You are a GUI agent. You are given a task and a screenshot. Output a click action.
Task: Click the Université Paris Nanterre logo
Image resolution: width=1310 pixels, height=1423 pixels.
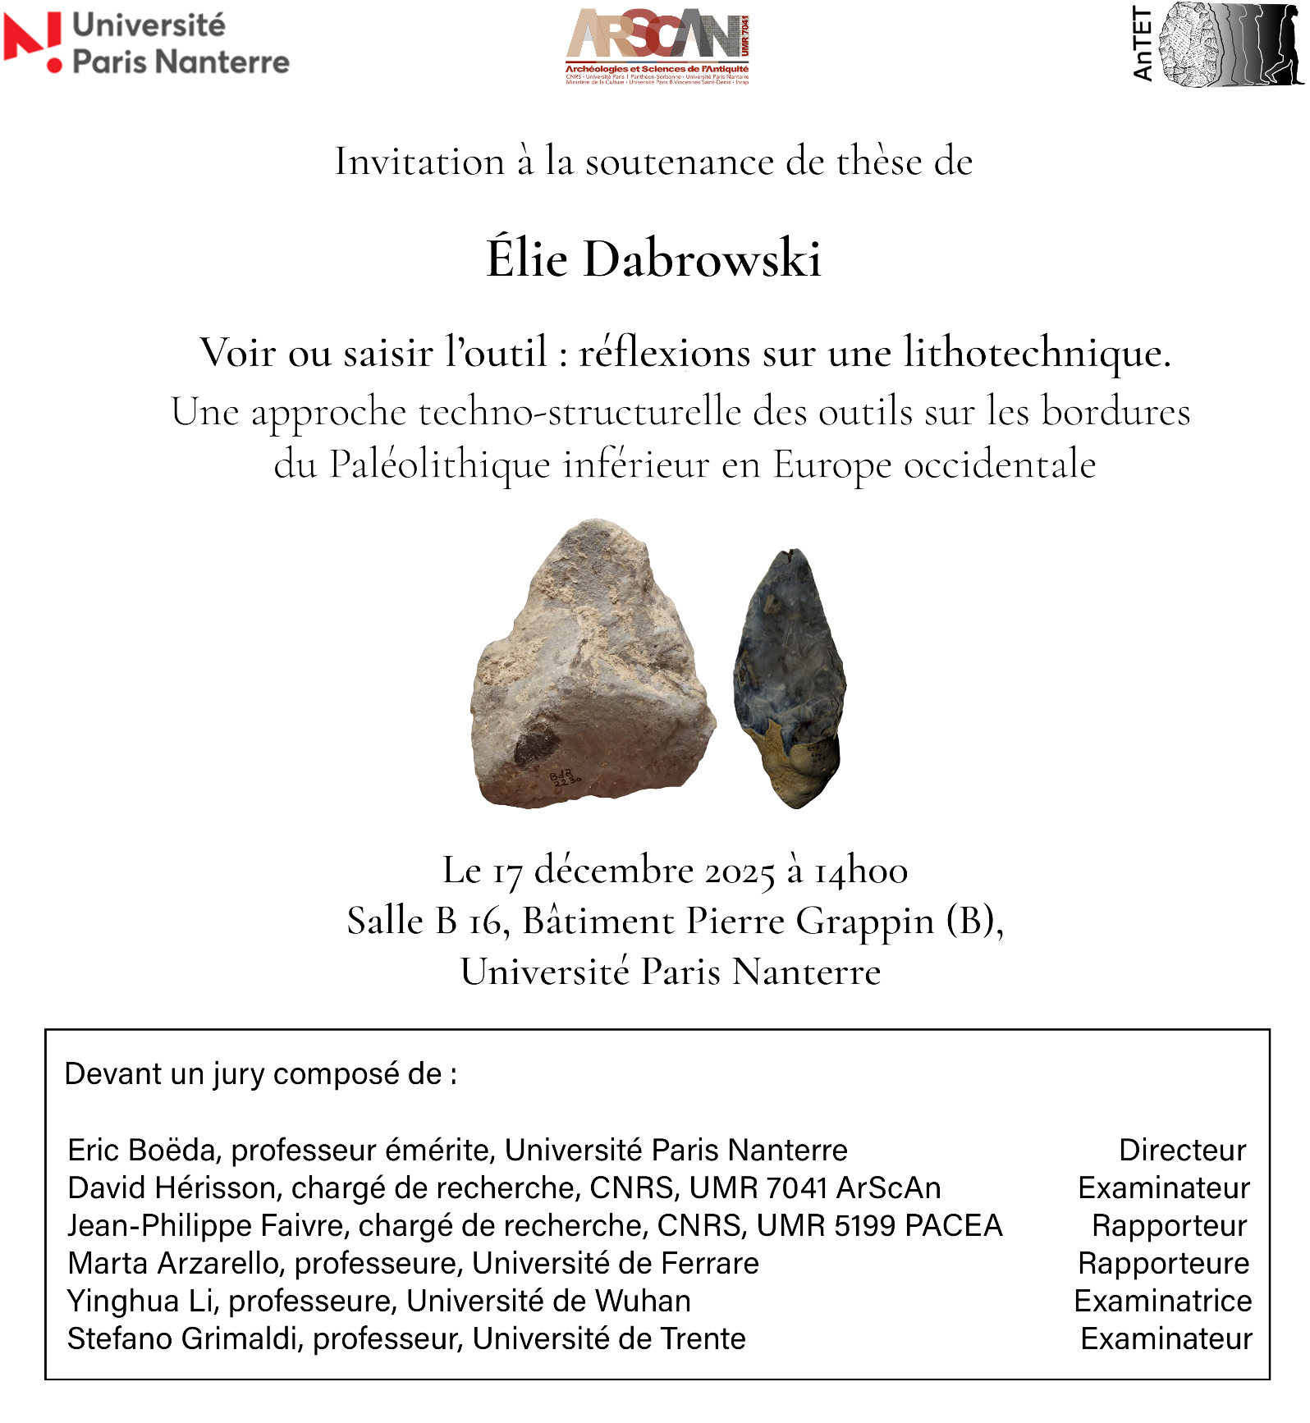[146, 43]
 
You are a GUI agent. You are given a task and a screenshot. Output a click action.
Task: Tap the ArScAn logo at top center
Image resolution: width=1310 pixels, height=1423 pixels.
[657, 46]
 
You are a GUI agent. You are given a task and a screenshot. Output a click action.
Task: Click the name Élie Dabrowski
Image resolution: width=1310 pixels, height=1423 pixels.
[653, 259]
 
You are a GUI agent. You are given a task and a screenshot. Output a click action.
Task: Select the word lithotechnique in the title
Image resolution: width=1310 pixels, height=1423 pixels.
[1037, 353]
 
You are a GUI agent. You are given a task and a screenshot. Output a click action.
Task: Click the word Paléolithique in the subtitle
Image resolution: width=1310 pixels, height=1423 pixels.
[440, 465]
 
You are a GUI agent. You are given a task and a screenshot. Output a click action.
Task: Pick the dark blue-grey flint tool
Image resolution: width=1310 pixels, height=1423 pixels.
[790, 677]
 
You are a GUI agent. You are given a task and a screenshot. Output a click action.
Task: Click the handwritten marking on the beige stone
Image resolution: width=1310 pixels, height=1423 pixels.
[564, 777]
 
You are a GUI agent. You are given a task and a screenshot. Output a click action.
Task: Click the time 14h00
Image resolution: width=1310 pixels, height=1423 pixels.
[861, 872]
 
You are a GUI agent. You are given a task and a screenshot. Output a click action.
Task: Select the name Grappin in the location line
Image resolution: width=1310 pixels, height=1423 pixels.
[865, 922]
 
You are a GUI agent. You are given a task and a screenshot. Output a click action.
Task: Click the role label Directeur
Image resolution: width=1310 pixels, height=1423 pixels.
[1182, 1151]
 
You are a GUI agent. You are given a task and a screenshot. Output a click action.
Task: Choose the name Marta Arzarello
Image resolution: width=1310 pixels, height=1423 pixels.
[176, 1264]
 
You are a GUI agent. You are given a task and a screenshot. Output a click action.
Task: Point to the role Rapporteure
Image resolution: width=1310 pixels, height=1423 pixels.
[1163, 1264]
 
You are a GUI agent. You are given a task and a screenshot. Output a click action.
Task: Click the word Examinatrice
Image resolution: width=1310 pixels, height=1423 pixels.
[1163, 1302]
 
